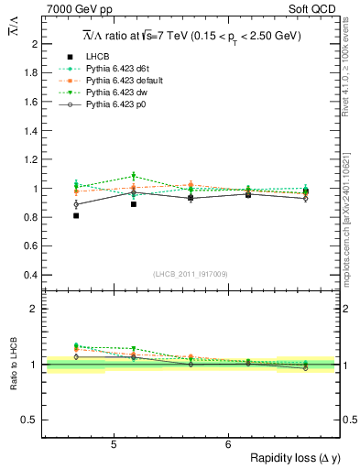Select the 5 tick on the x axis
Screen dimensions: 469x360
click(x=113, y=444)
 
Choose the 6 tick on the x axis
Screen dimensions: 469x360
click(x=228, y=444)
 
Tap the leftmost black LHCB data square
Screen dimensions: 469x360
click(x=76, y=216)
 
